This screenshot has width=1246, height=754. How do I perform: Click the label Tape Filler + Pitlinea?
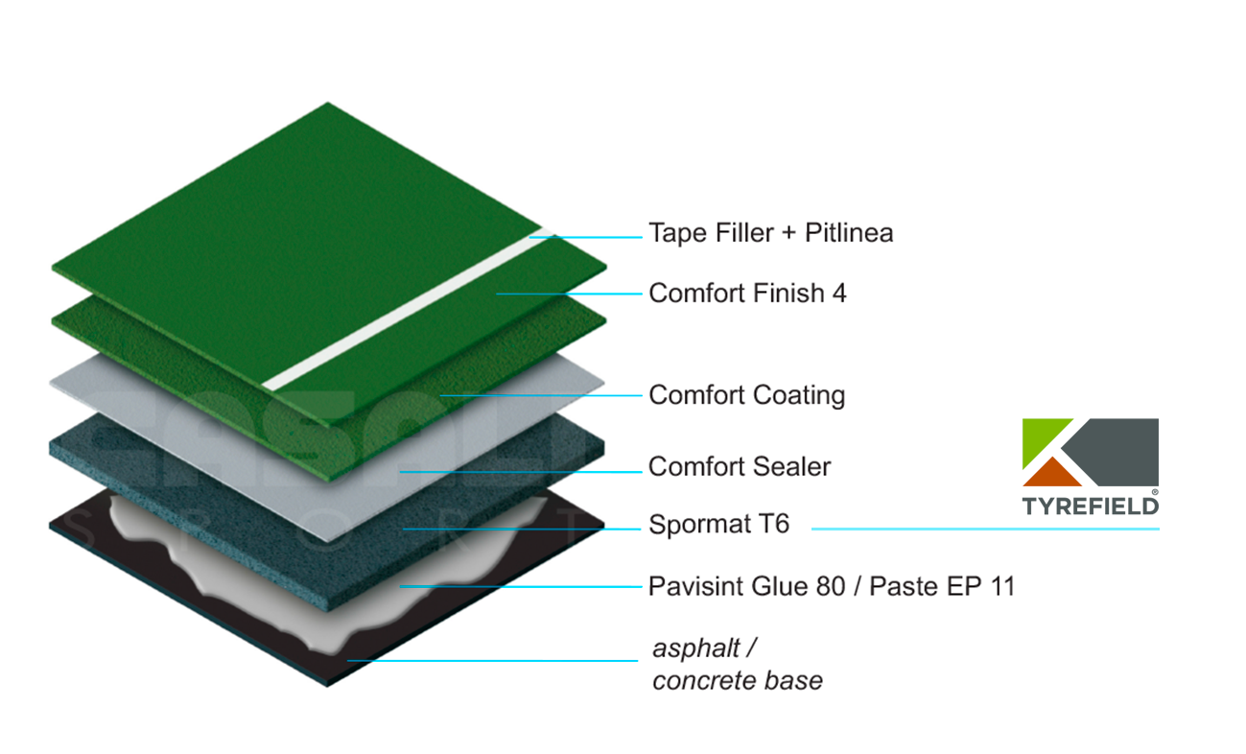(771, 232)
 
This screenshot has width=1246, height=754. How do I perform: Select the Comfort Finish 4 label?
(747, 294)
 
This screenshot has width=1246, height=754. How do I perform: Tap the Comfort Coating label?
(747, 395)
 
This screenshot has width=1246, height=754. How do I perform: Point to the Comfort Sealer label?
(740, 466)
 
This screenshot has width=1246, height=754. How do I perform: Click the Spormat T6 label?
(718, 524)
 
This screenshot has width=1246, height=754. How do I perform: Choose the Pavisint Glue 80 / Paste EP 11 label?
(832, 586)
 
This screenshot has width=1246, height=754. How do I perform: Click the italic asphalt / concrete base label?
(737, 665)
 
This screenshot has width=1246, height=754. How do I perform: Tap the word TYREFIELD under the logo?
(1091, 507)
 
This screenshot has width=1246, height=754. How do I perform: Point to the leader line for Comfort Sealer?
(521, 472)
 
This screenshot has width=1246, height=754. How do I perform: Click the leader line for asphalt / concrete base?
(492, 661)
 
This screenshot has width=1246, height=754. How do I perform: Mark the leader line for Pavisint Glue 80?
(521, 586)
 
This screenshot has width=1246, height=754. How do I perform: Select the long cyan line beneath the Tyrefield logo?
(985, 529)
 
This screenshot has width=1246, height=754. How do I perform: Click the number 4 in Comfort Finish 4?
(839, 294)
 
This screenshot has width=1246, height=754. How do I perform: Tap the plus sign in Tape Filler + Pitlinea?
(788, 234)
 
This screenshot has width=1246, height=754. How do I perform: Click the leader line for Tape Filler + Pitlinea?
(586, 237)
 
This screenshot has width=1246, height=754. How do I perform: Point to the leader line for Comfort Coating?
(541, 395)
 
